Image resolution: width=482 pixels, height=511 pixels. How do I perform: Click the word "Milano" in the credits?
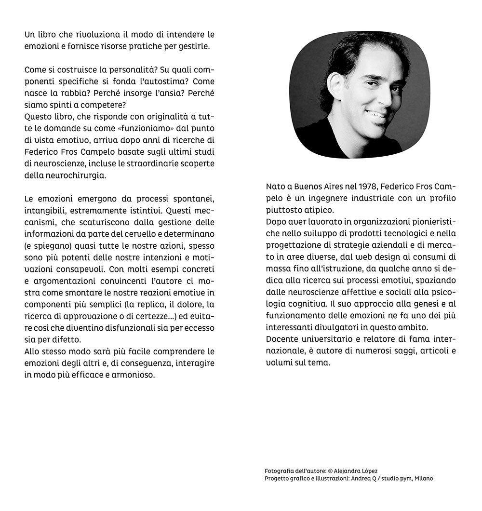tap(422, 478)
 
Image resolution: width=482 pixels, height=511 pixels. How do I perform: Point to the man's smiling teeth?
tap(376, 114)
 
